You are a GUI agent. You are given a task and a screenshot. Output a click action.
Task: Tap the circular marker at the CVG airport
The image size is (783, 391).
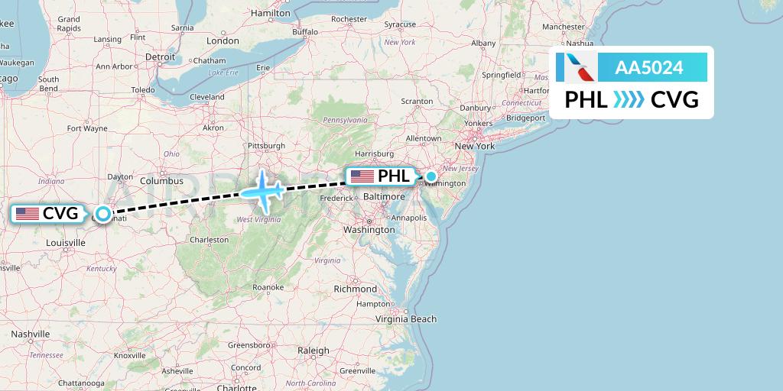pyautogui.click(x=102, y=214)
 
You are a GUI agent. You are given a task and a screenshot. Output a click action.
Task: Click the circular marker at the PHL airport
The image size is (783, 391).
pyautogui.click(x=431, y=177)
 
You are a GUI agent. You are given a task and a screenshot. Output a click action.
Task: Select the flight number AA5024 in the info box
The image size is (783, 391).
pyautogui.click(x=649, y=67)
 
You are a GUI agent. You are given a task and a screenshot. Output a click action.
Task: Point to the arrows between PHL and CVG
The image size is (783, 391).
pyautogui.click(x=629, y=99)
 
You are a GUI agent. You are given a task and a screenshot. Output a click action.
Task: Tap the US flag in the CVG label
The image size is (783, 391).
pyautogui.click(x=28, y=214)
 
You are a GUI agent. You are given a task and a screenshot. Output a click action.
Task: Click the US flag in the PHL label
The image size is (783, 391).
pyautogui.click(x=361, y=177)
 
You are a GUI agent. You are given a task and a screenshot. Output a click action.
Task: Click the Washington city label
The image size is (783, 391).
pyautogui.click(x=369, y=229)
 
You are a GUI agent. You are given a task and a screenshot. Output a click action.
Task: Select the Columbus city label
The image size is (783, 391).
pyautogui.click(x=161, y=181)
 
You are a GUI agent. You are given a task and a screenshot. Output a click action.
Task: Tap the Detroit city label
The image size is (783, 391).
pyautogui.click(x=161, y=57)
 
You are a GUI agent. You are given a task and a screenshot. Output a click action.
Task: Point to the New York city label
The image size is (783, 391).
pyautogui.click(x=475, y=146)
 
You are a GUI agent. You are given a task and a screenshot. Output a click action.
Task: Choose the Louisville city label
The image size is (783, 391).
pyautogui.click(x=65, y=242)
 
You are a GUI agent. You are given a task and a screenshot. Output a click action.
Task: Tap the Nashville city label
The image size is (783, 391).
pyautogui.click(x=30, y=334)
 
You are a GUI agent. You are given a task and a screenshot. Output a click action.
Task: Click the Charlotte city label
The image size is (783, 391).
pyautogui.click(x=236, y=387)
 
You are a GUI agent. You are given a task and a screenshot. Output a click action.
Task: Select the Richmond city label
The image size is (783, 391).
pyautogui.click(x=356, y=289)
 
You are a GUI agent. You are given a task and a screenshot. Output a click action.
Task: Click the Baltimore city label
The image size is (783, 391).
pyautogui.click(x=384, y=196)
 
